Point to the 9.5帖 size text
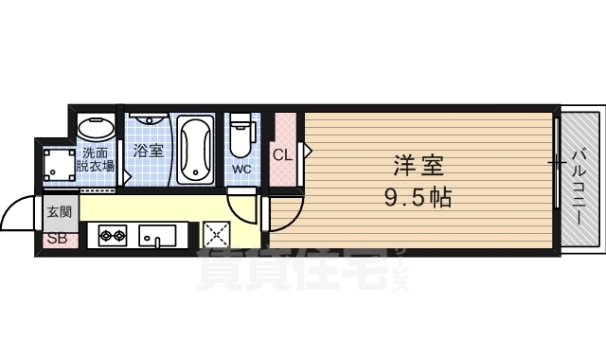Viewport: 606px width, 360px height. pos(417,198)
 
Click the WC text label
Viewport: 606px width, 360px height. pos(241,170)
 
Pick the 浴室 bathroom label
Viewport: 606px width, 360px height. pos(148,151)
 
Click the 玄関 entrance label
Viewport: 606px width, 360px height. pos(58,211)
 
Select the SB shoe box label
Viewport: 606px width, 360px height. pos(57,238)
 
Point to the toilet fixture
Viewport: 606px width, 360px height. pos(241,138)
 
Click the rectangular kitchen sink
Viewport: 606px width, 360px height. pos(156,235)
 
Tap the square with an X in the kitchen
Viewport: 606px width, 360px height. pos(216,234)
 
